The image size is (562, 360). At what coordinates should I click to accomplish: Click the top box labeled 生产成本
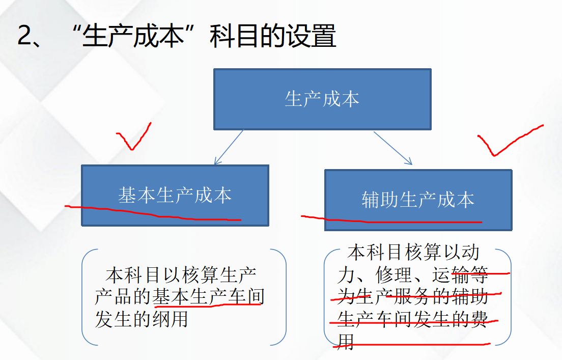322,99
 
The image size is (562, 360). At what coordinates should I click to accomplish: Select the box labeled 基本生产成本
175,195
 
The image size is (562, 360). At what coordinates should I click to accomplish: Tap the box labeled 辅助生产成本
418,200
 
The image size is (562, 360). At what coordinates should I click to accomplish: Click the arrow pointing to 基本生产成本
229,147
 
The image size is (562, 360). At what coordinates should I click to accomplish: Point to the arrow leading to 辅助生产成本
393,148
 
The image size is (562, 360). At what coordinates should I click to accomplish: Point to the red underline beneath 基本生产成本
153,214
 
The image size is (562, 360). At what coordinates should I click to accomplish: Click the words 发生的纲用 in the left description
142,319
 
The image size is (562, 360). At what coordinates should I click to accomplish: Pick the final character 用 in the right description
345,341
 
